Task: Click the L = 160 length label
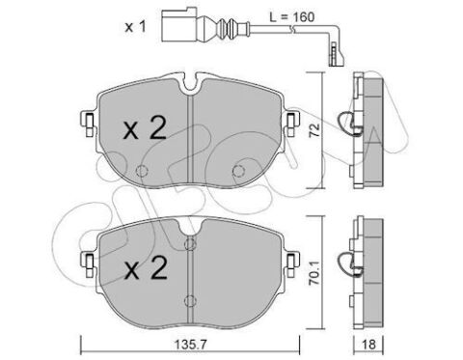point(291,17)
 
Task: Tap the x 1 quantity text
point(135,27)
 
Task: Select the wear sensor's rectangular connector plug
point(178,25)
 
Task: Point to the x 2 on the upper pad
point(145,128)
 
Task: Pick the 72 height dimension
point(315,130)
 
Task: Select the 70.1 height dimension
point(314,273)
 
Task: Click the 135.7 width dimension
point(190,345)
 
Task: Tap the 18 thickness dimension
point(368,345)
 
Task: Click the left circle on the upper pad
point(142,171)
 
